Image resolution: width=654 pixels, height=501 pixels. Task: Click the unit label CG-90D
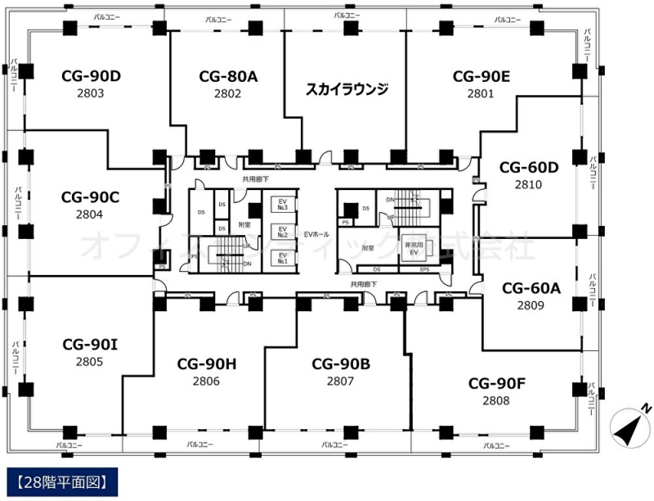pos(92,76)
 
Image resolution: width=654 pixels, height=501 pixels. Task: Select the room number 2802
pos(228,93)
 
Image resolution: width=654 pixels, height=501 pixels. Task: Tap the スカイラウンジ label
pos(346,88)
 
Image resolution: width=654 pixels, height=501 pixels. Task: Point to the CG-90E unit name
pos(482,76)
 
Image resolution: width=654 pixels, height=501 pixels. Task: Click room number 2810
pos(528,185)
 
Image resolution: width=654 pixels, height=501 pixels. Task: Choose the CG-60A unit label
pos(531,288)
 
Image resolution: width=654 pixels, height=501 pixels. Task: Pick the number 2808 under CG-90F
pos(495,400)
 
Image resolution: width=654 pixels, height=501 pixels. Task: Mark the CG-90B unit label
pos(341,363)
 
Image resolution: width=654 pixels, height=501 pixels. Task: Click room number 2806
pos(206,381)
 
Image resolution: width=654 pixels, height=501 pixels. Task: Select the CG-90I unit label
pos(91,344)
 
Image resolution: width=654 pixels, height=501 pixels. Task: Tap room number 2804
pos(91,214)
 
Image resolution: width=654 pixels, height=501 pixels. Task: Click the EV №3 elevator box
pos(283,204)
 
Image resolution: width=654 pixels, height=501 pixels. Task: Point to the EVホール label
pos(316,234)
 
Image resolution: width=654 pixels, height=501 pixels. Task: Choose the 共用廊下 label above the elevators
pos(256,178)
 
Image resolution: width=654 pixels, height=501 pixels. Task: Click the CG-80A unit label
pos(228,76)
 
